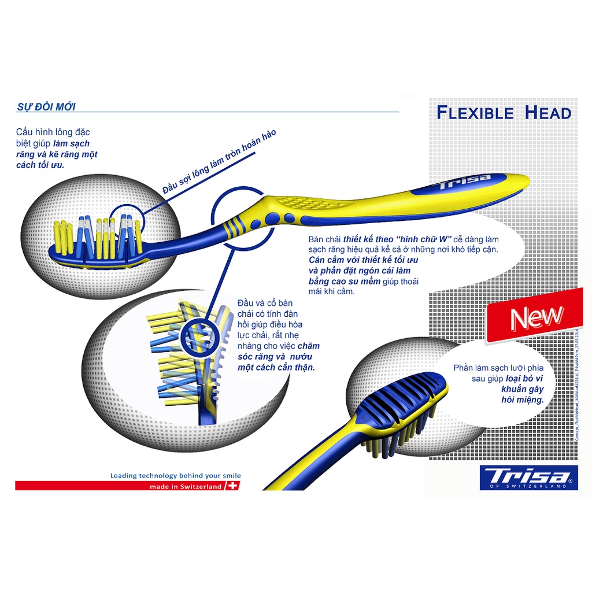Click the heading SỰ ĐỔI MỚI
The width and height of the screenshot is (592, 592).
point(46,106)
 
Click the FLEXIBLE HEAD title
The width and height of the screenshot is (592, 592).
point(504,112)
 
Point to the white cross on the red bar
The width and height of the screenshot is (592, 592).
point(233,487)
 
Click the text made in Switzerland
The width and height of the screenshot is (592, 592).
point(186,487)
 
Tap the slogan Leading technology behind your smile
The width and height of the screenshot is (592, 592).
point(176,475)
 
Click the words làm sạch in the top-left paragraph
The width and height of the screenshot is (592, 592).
point(71,143)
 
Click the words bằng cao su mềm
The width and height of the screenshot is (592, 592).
point(344,281)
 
